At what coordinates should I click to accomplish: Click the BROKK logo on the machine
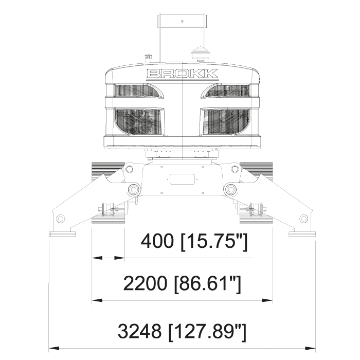click(182, 74)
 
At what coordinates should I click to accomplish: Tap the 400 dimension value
click(157, 241)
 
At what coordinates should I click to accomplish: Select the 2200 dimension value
click(145, 283)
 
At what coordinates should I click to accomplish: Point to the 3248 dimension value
click(139, 331)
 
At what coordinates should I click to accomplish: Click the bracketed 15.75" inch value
click(214, 242)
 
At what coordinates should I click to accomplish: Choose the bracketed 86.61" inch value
click(208, 284)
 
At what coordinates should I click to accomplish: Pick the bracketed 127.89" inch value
click(207, 332)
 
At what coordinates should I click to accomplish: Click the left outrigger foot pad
click(62, 234)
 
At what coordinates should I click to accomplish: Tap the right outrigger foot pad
click(302, 234)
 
